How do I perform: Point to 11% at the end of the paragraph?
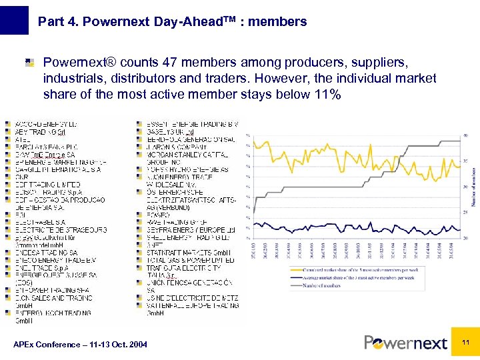(x=326, y=94)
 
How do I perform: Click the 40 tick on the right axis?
(x=465, y=136)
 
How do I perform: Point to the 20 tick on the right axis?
(x=465, y=237)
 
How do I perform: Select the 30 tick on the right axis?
(x=465, y=187)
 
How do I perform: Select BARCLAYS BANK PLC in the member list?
(x=44, y=147)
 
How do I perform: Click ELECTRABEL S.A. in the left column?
(x=40, y=222)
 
